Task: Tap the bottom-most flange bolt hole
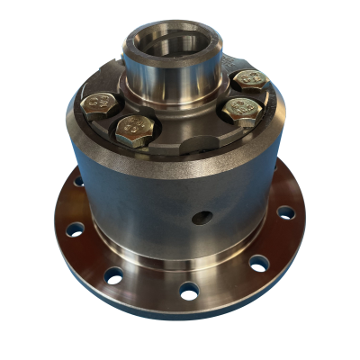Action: pyautogui.click(x=189, y=291)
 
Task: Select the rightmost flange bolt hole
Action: pyautogui.click(x=285, y=213)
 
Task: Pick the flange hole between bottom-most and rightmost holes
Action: pyautogui.click(x=258, y=264)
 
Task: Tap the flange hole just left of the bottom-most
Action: pyautogui.click(x=113, y=275)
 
